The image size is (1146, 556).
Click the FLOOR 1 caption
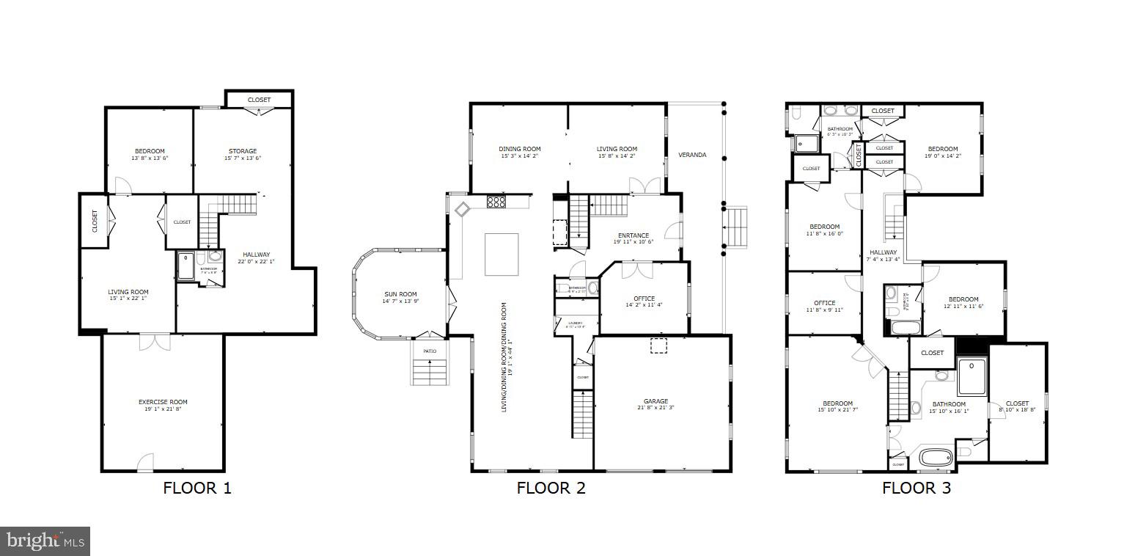[x=197, y=489]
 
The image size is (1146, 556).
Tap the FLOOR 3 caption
[x=916, y=489]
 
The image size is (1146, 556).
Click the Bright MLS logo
[x=45, y=541]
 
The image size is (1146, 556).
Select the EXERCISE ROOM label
[x=163, y=402]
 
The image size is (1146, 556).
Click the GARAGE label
[x=655, y=401]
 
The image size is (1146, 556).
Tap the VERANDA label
[x=692, y=155]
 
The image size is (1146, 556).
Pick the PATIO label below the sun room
[x=429, y=351]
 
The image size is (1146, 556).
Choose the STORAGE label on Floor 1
[x=242, y=151]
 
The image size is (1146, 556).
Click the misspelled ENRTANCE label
[x=633, y=235]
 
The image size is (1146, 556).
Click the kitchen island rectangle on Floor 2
[x=502, y=255]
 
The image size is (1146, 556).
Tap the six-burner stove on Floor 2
[x=496, y=202]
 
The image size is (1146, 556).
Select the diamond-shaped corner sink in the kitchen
[x=463, y=210]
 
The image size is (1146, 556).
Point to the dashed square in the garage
[x=658, y=345]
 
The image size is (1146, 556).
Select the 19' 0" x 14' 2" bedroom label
[x=942, y=149]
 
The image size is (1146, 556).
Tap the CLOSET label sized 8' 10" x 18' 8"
[x=1017, y=403]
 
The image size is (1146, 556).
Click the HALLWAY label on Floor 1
[x=256, y=255]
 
